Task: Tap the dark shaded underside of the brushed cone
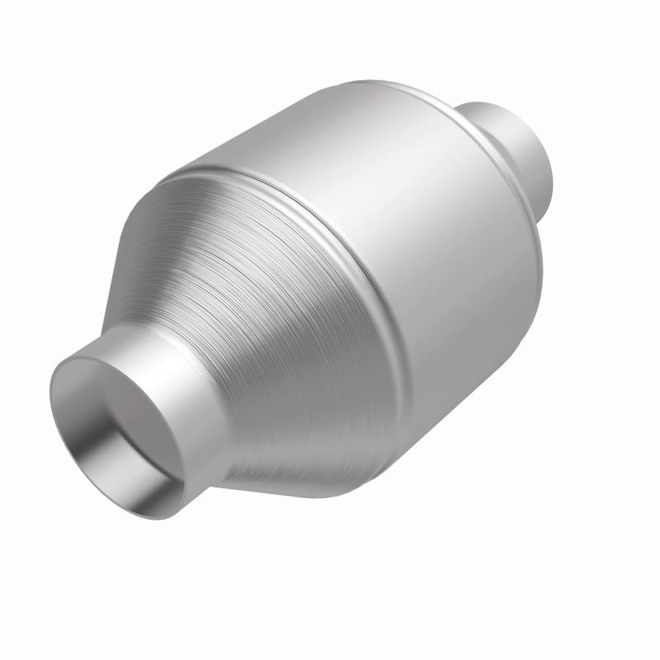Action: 313,462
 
